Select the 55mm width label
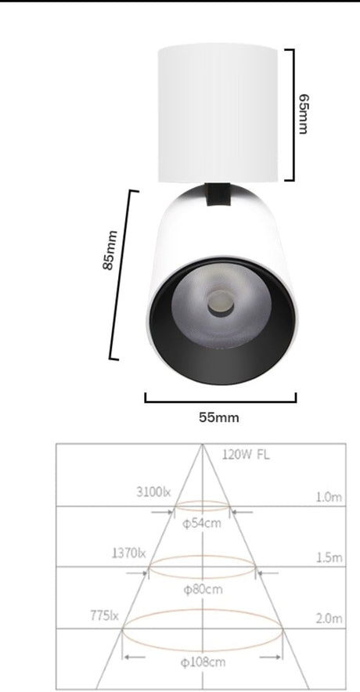[x=218, y=417]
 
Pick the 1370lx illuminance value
[x=129, y=553]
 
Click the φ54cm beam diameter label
[x=202, y=522]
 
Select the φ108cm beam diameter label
[x=202, y=663]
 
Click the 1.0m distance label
[x=329, y=496]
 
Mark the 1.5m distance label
[x=329, y=557]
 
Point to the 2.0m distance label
[x=329, y=618]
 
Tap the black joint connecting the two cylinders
[x=218, y=194]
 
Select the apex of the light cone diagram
[x=202, y=446]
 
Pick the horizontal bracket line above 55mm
[x=221, y=401]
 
